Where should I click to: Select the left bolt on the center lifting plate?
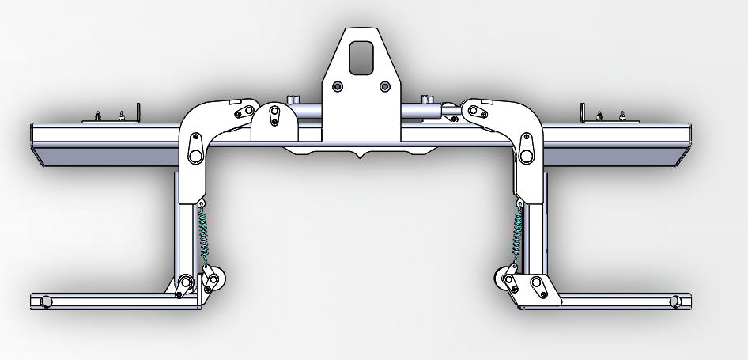pyautogui.click(x=338, y=86)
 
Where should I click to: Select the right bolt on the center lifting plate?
pyautogui.click(x=385, y=86)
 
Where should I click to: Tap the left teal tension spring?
pyautogui.click(x=205, y=234)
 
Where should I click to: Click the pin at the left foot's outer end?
pyautogui.click(x=46, y=301)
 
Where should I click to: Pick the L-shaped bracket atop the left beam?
pyautogui.click(x=137, y=112)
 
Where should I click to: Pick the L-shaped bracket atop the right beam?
pyautogui.click(x=583, y=112)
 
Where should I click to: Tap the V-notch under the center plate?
pyautogui.click(x=361, y=156)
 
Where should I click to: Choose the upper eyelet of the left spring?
pyautogui.click(x=202, y=206)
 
